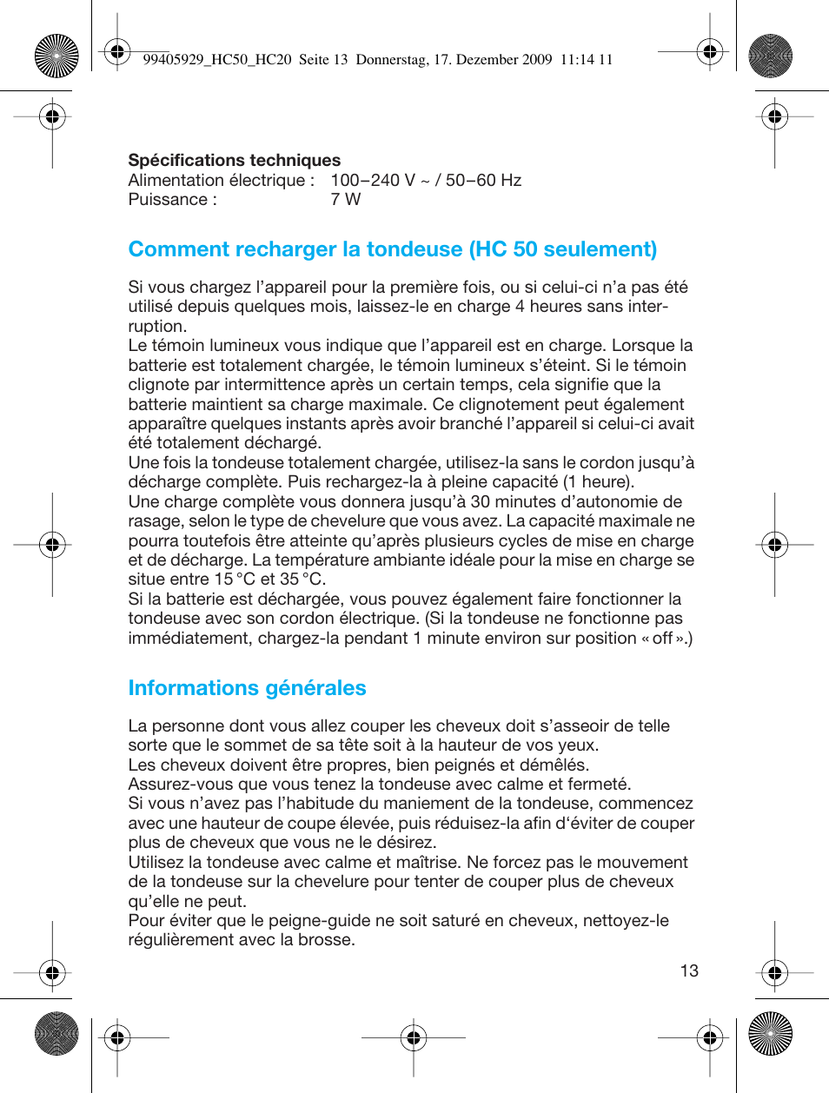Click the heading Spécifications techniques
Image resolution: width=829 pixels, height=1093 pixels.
click(x=234, y=160)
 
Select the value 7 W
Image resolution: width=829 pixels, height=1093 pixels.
click(x=345, y=200)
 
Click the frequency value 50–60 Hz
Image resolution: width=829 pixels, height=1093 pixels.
click(x=483, y=181)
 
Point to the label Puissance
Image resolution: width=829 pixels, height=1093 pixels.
click(x=168, y=200)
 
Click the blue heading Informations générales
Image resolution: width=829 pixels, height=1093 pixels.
click(x=247, y=688)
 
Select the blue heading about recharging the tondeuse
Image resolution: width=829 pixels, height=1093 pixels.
click(x=392, y=249)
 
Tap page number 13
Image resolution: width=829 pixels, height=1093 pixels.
click(x=689, y=971)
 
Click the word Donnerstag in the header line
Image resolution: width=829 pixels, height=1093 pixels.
click(x=391, y=60)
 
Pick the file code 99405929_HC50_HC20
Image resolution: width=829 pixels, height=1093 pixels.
click(x=216, y=60)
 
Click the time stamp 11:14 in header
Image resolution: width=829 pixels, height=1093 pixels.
click(x=577, y=60)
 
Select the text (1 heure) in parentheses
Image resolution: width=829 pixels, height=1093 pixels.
click(x=599, y=482)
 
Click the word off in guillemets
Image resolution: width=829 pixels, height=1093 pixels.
click(x=662, y=639)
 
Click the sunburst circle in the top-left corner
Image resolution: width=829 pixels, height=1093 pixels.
click(x=56, y=56)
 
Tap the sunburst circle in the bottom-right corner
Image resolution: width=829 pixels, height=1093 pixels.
click(x=771, y=1034)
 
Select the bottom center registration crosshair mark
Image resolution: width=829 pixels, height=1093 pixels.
click(x=414, y=1037)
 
